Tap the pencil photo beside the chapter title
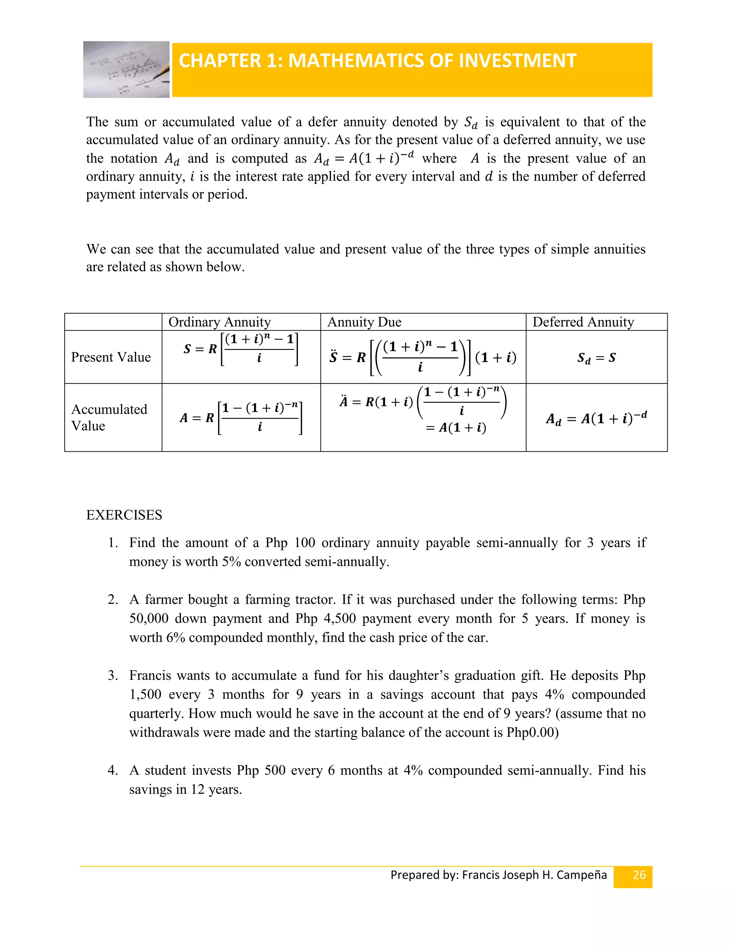pyautogui.click(x=126, y=69)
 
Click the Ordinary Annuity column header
pyautogui.click(x=219, y=322)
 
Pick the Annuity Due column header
pyautogui.click(x=364, y=322)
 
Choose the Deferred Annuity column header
pyautogui.click(x=583, y=322)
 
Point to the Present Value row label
pyautogui.click(x=111, y=357)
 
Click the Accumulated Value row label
pyautogui.click(x=109, y=417)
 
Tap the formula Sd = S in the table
pyautogui.click(x=596, y=358)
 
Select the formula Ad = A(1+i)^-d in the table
pyautogui.click(x=596, y=418)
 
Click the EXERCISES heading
pyautogui.click(x=124, y=515)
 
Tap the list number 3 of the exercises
pyautogui.click(x=112, y=675)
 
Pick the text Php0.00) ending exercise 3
pyautogui.click(x=532, y=732)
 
